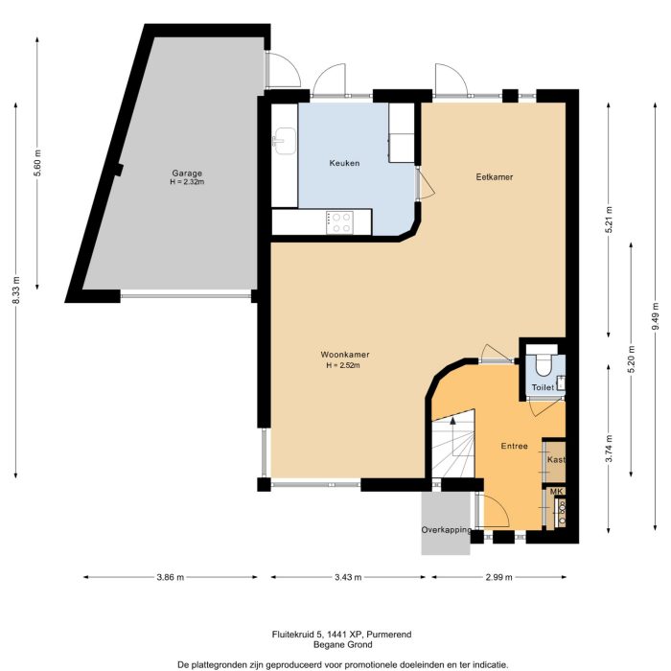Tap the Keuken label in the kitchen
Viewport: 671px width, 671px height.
click(x=344, y=163)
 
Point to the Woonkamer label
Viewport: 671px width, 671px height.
click(x=345, y=354)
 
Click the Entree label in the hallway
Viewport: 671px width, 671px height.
click(x=514, y=446)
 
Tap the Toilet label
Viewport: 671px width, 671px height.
click(x=543, y=387)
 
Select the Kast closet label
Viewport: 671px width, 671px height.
click(x=555, y=460)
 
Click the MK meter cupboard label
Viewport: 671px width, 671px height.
click(x=555, y=492)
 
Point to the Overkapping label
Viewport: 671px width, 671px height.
click(x=446, y=530)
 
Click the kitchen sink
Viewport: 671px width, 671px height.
click(x=283, y=142)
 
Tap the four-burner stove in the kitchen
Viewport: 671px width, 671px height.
click(x=339, y=221)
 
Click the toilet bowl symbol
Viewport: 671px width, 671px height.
click(x=543, y=363)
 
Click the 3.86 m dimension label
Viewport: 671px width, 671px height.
click(x=169, y=577)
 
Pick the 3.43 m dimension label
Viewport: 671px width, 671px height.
click(x=350, y=577)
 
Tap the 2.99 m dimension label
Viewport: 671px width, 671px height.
click(x=497, y=577)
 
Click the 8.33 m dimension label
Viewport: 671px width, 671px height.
click(x=15, y=288)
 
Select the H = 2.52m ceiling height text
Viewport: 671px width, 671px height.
click(x=345, y=365)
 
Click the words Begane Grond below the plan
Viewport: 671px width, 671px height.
click(x=335, y=645)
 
